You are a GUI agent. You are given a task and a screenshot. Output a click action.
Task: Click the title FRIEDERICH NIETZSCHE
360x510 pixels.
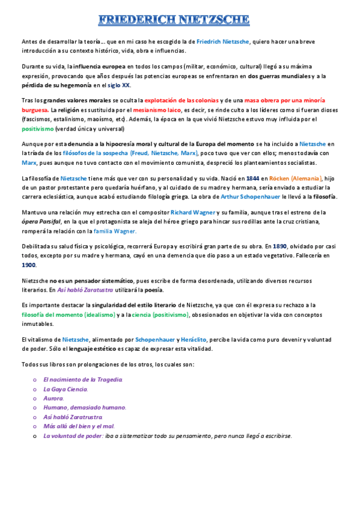pyautogui.click(x=174, y=20)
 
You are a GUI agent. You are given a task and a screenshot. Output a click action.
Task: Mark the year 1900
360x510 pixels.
pyautogui.click(x=29, y=265)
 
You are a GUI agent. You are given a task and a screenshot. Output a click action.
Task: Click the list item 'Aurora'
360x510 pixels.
pyautogui.click(x=53, y=398)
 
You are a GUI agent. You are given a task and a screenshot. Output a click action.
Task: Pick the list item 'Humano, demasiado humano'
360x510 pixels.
pyautogui.click(x=85, y=407)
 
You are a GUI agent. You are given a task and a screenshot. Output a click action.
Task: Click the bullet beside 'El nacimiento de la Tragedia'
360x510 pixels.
pyautogui.click(x=35, y=380)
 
